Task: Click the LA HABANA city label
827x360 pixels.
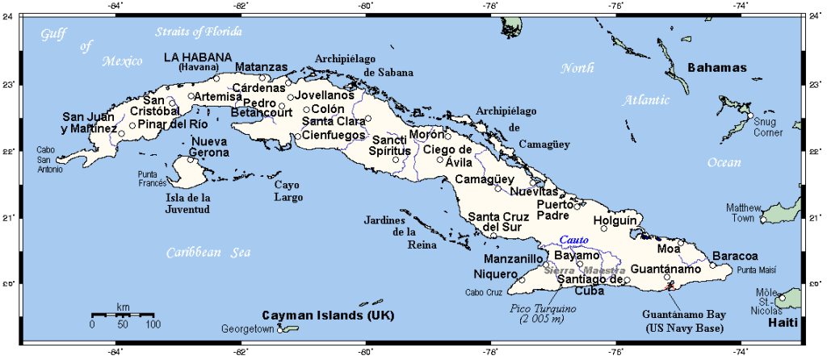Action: [x=198, y=57]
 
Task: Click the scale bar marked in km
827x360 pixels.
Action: [x=122, y=315]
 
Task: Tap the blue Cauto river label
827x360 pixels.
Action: [x=573, y=241]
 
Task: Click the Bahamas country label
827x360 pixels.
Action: [x=716, y=68]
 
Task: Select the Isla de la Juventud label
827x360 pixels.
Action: [x=188, y=203]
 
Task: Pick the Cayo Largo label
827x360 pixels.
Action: [x=288, y=190]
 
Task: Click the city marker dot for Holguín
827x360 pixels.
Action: [x=604, y=228]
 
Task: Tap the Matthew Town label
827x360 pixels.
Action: [x=743, y=212]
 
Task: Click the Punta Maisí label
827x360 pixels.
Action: [x=755, y=270]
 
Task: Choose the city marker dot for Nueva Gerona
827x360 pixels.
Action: [x=191, y=159]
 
